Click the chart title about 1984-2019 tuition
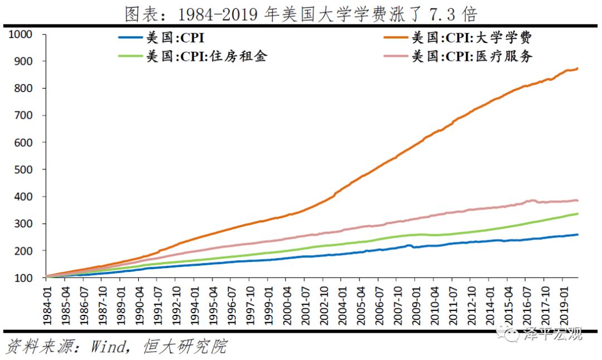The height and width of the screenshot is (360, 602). pos(301,13)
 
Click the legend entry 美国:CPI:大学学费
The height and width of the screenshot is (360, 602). pos(471,38)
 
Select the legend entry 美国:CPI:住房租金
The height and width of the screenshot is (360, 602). pos(206,56)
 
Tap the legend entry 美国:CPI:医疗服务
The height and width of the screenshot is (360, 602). pos(471,56)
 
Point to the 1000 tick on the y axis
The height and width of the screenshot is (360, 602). pos(21,34)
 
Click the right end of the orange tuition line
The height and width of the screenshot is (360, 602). pos(577,69)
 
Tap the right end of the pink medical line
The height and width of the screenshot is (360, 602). pos(577,201)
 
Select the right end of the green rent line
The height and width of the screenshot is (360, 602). pos(577,213)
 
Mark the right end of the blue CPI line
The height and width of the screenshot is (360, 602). pos(577,234)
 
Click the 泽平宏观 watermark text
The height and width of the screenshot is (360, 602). pos(552,334)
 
